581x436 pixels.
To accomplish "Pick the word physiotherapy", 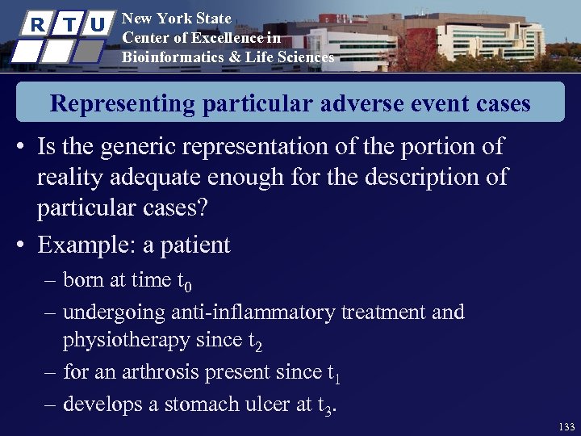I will pos(126,342).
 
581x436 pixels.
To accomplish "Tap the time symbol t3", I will pos(325,405).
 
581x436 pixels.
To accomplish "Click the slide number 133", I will pos(566,426).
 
